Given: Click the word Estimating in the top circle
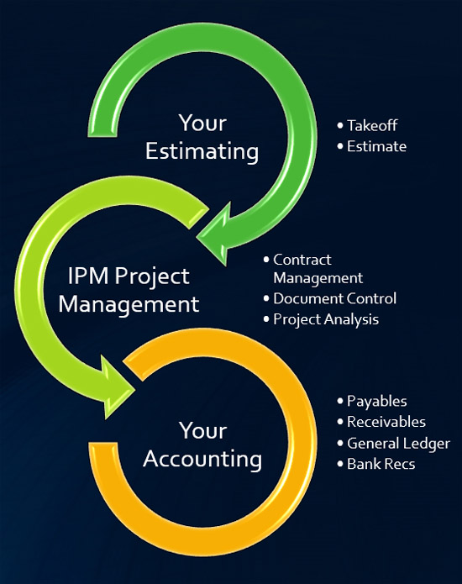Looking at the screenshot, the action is pos(202,152).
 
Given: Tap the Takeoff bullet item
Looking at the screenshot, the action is pos(372,125).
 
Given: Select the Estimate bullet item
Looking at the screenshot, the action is pos(376,146).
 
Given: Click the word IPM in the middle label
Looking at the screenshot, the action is pos(88,276).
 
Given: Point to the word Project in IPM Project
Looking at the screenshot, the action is pos(152,277).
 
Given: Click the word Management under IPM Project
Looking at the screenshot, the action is pos(129,305).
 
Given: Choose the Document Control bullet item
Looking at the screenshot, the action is pos(334,298).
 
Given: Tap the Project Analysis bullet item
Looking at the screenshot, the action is pos(326,320).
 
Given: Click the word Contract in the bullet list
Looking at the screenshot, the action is pos(302,260).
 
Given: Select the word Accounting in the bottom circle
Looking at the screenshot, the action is pos(202,460).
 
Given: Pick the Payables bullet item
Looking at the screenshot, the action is pos(377,402).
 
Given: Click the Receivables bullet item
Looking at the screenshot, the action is pos(386,422).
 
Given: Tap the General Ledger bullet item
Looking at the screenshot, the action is pos(398,444).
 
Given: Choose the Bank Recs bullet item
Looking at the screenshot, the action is pos(381,464).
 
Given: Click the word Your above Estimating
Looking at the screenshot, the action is pos(202,123).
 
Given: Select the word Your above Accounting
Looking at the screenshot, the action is pos(203,431).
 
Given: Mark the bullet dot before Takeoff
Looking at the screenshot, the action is pos(340,125).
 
